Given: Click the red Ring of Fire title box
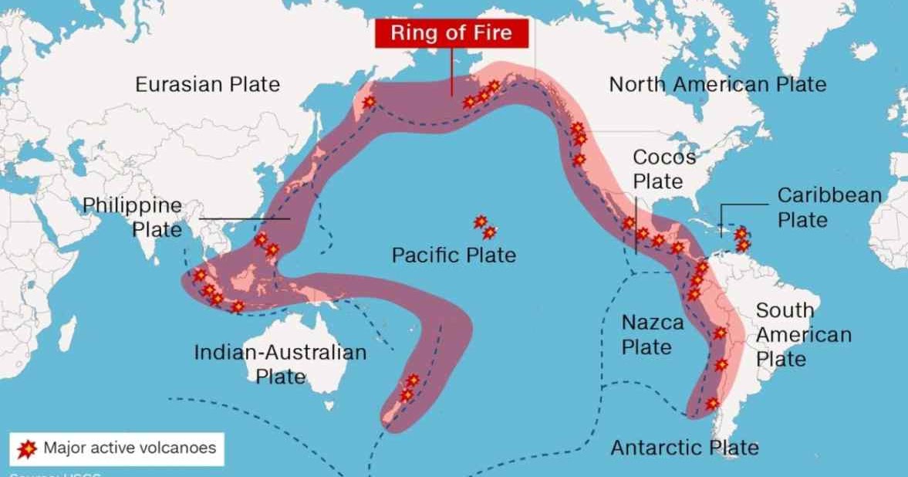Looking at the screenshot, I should pos(451,33).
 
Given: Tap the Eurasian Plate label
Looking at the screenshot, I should pos(208,84).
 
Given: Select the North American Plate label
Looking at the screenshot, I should pos(717,84).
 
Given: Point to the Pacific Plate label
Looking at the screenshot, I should pos(454,255).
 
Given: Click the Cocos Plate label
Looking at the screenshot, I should pos(658,169).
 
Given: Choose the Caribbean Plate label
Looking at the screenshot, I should pos(829,208).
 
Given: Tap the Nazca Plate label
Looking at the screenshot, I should pos(652,334).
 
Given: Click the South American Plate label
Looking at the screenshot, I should pos(802,335).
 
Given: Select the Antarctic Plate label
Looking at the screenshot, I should pos(684,448).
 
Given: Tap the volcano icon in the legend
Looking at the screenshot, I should pos(27,448).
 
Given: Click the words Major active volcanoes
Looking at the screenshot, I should pos(130,448).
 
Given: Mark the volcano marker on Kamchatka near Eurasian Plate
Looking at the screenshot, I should pos(370,101).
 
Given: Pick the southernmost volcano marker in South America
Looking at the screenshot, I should pos(712,403).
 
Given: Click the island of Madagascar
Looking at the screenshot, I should pos(67,336).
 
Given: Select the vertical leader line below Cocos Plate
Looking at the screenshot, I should pos(636,228).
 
